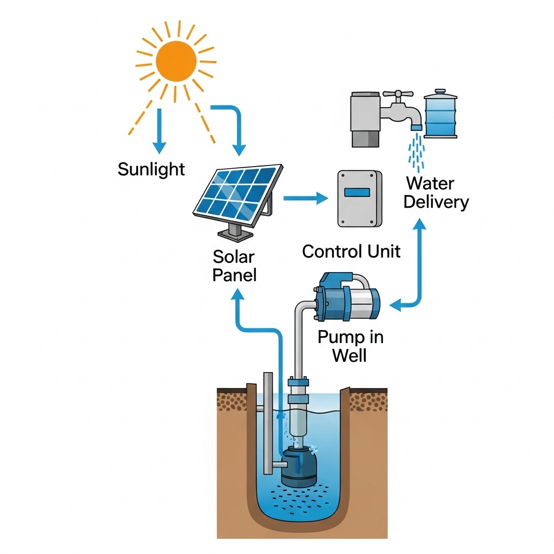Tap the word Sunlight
click(x=151, y=169)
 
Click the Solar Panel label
click(x=234, y=265)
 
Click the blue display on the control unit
click(x=359, y=192)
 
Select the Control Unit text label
click(x=351, y=251)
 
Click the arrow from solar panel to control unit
click(x=305, y=199)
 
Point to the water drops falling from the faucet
click(x=415, y=149)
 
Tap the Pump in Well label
click(x=350, y=346)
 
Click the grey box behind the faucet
click(x=366, y=119)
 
